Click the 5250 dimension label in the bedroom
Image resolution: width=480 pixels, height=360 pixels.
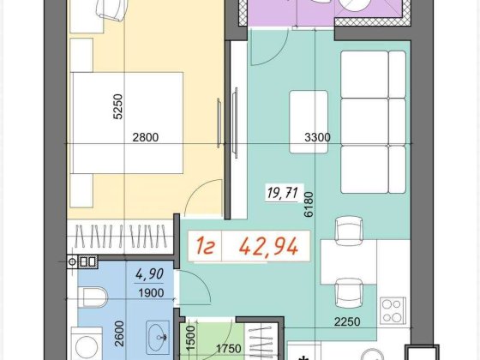pos(118,106)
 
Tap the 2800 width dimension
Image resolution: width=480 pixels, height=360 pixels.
pos(146,137)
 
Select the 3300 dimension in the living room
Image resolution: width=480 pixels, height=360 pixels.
pos(317,137)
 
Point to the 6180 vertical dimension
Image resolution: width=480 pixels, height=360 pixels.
pos(309,204)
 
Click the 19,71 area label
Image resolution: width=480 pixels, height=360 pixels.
pos(283,193)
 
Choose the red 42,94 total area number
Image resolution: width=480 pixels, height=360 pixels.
pos(268,247)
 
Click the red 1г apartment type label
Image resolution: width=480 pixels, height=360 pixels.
pos(205,247)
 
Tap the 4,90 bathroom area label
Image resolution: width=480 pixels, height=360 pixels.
pos(150,274)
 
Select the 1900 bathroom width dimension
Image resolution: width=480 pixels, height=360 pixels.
pos(151,293)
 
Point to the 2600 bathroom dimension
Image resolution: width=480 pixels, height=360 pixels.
pos(119,333)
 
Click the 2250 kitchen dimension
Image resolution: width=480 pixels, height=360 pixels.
pos(347,321)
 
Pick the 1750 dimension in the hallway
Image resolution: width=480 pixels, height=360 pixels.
pos(229,348)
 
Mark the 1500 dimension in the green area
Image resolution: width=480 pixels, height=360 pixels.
pos(190,339)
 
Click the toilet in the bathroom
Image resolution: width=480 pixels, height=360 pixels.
pos(93,297)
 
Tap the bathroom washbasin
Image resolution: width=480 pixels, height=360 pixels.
pos(158,338)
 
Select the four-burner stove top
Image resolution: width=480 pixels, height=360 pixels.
pos(393,310)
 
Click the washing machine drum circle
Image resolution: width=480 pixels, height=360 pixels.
pos(87,348)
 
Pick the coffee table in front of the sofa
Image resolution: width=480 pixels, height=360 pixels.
pos(309,122)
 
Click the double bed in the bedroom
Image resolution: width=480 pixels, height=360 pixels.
pos(127,123)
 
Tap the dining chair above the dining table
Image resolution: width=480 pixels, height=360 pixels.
pos(349,231)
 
